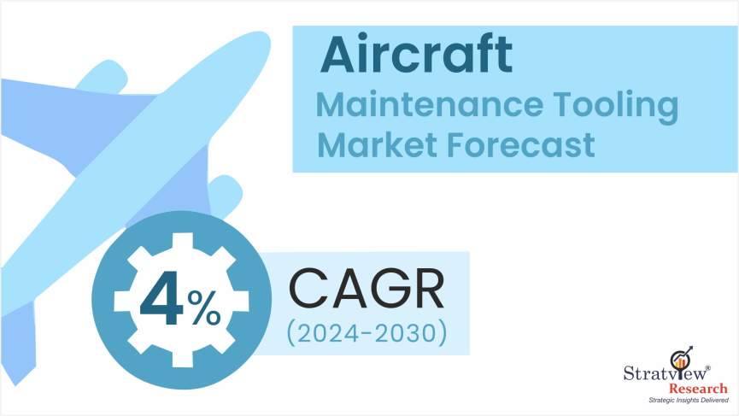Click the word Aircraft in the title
[416, 54]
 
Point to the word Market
[378, 144]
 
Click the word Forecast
[520, 144]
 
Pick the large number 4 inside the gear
[161, 300]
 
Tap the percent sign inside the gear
[204, 308]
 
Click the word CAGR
[367, 289]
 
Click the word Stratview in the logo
[666, 373]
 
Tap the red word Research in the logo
[699, 390]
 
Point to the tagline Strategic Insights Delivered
[689, 401]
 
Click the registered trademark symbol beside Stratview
[708, 368]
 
